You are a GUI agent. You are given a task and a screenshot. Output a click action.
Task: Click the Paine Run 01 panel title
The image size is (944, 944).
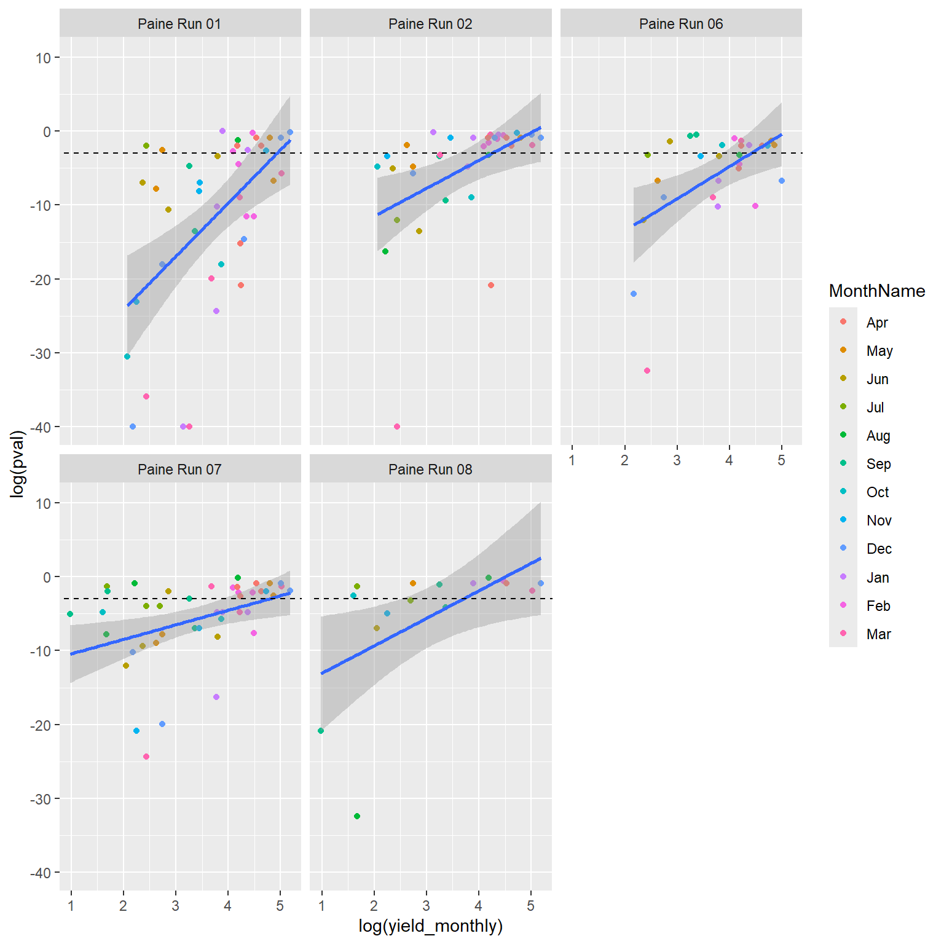[x=179, y=24]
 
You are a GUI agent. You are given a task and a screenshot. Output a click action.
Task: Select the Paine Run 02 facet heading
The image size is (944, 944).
[x=430, y=24]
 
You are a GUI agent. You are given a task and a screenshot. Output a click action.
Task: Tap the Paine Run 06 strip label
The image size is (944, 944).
[x=681, y=24]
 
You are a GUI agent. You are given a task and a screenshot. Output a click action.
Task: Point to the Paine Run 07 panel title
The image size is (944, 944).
[x=179, y=470]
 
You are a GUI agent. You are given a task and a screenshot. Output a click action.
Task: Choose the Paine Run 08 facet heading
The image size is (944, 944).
[x=430, y=470]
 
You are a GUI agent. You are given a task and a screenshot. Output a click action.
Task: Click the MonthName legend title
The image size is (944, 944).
[x=876, y=291]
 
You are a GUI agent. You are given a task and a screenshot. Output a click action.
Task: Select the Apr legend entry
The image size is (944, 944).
[x=877, y=323]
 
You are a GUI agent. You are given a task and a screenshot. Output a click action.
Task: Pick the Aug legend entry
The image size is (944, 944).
[x=878, y=436]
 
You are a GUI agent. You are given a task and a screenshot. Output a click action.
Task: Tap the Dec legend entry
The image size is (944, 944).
[x=879, y=549]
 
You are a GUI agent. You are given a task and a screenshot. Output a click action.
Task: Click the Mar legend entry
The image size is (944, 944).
[x=878, y=634]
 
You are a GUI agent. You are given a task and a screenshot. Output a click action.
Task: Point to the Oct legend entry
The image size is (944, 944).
[x=878, y=492]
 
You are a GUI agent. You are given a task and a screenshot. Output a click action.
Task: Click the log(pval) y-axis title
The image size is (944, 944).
[x=18, y=463]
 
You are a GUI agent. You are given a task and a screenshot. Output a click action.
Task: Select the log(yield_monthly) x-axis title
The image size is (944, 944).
[x=430, y=926]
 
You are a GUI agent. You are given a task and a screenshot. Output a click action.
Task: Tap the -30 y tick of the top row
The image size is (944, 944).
[x=42, y=353]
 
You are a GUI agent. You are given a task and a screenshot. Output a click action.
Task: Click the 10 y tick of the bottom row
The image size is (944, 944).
[x=43, y=503]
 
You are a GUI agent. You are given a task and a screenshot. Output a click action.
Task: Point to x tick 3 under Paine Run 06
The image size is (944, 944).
[x=677, y=460]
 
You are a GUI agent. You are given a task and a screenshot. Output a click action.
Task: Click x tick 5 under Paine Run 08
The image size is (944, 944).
[x=530, y=906]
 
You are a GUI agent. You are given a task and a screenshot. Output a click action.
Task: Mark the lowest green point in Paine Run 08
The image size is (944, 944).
[x=357, y=816]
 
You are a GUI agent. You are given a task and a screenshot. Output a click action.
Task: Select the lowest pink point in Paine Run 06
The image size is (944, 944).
[x=647, y=371]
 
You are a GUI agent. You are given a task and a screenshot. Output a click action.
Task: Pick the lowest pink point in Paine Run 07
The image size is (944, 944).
[x=146, y=757]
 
